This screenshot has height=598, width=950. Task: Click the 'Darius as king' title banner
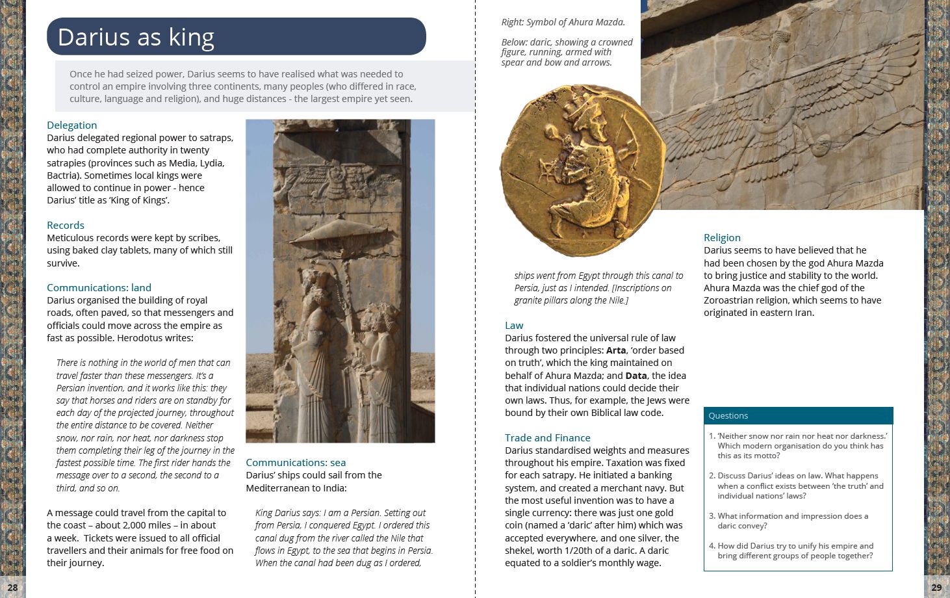(x=236, y=36)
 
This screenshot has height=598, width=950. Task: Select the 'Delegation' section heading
(x=71, y=125)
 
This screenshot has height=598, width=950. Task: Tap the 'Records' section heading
(x=66, y=225)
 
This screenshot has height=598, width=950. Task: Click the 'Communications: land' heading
(x=99, y=287)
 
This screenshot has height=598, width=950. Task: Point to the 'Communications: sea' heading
(x=296, y=462)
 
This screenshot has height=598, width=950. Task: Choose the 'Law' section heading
(x=514, y=325)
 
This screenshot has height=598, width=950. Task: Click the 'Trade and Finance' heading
(x=547, y=437)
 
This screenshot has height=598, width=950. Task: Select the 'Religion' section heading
(x=722, y=237)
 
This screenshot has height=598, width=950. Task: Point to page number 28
(x=12, y=587)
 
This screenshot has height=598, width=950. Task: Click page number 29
(x=936, y=587)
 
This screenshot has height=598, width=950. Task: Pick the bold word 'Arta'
(x=615, y=350)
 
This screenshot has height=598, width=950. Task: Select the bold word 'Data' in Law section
(x=636, y=375)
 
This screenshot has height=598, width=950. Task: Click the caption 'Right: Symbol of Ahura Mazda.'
(x=563, y=22)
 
